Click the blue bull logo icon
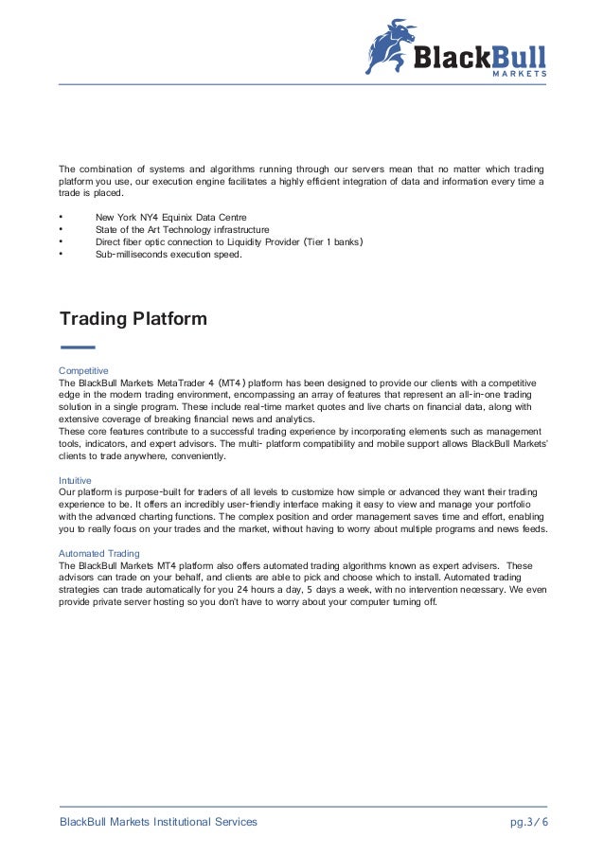pos(391,45)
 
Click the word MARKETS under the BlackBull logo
pos(520,73)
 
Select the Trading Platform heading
pos(133,319)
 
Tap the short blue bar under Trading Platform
pos(77,347)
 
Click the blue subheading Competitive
pos(84,369)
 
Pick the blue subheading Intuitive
pos(75,480)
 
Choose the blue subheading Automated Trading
pos(99,553)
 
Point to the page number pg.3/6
pos(529,821)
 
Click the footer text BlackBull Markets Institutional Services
pos(158,821)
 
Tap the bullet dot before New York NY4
pos(61,217)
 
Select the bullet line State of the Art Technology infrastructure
pos(182,229)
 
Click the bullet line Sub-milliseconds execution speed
pos(169,254)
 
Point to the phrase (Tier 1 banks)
pos(329,241)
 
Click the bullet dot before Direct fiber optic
pos(61,241)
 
